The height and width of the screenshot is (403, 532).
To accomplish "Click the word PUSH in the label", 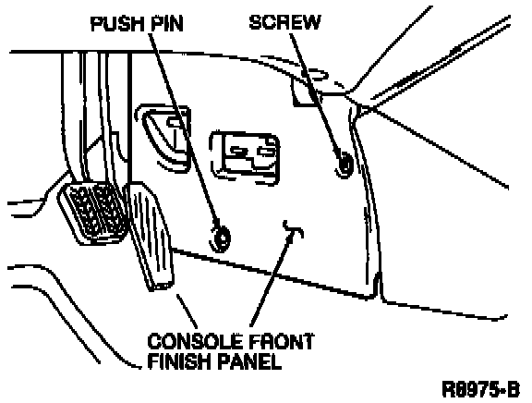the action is coord(116,24).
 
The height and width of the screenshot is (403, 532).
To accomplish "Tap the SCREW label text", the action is coord(285,22).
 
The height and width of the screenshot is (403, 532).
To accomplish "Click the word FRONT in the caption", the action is coord(281,341).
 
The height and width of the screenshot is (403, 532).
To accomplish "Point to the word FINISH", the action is coord(179,361).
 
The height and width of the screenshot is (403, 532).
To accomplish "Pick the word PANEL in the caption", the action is coord(249,361).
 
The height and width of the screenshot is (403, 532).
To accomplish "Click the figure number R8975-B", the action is coord(481,389).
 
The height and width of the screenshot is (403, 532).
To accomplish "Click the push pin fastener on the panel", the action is coord(222,238).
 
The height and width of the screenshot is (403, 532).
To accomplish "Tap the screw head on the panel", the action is coord(345,164).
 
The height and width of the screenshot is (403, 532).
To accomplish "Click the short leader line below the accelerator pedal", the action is coord(187,311).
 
